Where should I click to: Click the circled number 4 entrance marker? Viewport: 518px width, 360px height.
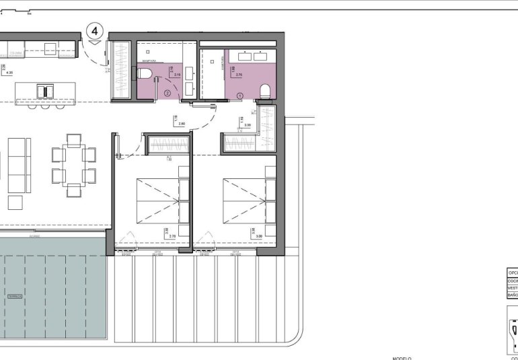[95, 30]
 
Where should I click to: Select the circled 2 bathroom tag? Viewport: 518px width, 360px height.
[167, 94]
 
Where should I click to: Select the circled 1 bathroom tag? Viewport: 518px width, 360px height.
[239, 97]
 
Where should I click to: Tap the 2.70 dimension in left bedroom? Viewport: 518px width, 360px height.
[172, 236]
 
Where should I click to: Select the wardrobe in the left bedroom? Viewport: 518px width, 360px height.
[167, 144]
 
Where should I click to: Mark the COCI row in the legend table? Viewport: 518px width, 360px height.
[513, 280]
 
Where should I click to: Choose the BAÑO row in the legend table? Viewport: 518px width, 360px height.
[513, 295]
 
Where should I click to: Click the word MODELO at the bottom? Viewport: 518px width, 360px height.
[402, 358]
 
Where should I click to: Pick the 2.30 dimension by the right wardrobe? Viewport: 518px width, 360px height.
[248, 125]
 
